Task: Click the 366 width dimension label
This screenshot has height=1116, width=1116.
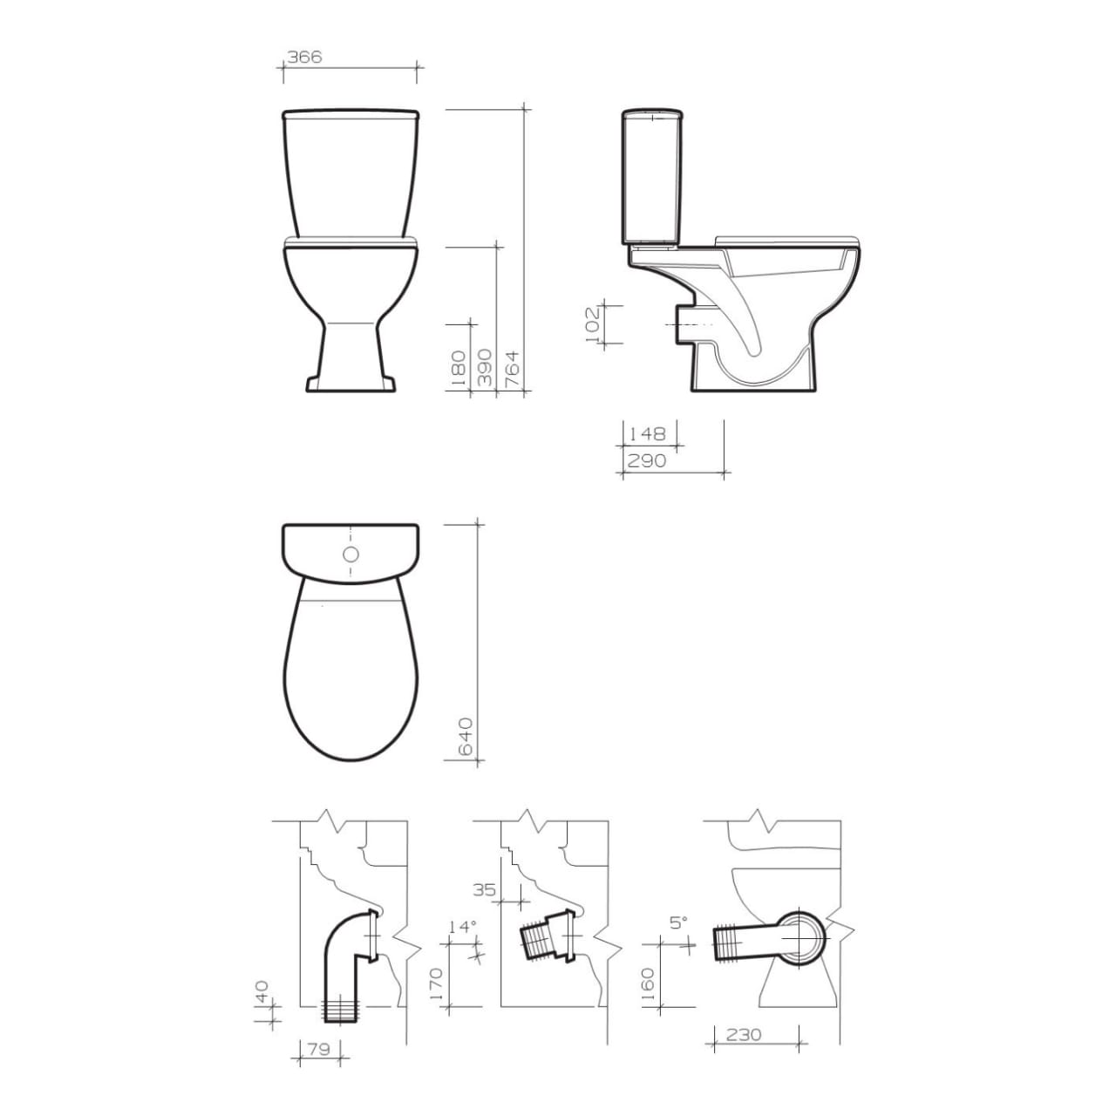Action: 305,57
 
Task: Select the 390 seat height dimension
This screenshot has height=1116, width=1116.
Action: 484,368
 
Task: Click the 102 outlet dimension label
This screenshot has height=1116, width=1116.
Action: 592,323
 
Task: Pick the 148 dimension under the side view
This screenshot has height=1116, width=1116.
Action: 646,433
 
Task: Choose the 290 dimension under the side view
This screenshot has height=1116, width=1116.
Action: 646,460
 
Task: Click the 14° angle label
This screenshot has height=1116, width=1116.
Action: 462,927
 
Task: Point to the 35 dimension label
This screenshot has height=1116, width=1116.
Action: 485,890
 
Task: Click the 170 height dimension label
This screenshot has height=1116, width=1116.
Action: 437,983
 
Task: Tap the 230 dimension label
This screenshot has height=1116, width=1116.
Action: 743,1035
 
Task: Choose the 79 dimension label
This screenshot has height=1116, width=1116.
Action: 319,1050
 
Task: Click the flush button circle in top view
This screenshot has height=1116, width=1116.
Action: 350,555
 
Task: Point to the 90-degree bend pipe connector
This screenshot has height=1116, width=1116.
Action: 346,959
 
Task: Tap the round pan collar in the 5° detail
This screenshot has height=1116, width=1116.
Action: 799,937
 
